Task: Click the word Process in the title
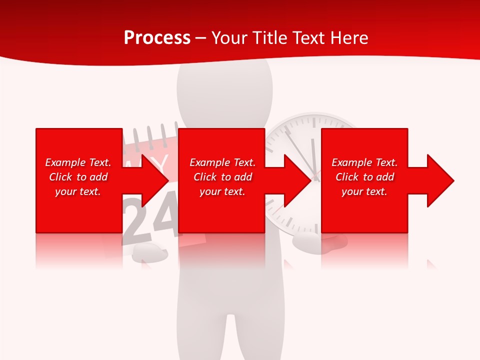click(x=157, y=37)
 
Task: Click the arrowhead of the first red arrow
click(x=155, y=180)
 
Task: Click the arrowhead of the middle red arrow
click(x=297, y=180)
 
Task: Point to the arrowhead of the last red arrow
click(x=440, y=180)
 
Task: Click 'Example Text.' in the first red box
click(x=78, y=162)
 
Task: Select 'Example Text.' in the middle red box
click(x=222, y=162)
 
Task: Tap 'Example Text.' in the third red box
click(x=364, y=162)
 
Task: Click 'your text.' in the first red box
click(x=78, y=191)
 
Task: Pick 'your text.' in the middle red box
click(x=222, y=191)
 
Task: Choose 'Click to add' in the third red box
click(x=364, y=177)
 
